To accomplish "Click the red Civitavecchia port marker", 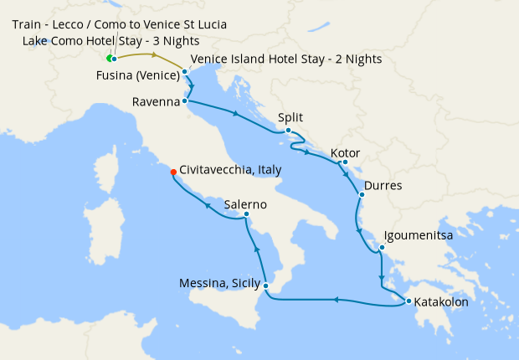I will (173, 172).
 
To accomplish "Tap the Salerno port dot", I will (246, 214).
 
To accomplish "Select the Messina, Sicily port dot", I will (265, 286).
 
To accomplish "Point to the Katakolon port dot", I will (408, 301).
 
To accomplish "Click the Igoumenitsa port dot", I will (381, 247).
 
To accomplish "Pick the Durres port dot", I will (361, 195).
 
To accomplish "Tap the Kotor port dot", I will (345, 162).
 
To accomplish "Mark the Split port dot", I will (288, 130).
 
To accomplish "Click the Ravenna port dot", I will (184, 101).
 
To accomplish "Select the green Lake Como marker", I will (109, 58).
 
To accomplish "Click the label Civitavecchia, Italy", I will (229, 169).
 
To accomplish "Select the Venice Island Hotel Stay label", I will (286, 59).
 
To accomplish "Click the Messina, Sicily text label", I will (218, 285).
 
